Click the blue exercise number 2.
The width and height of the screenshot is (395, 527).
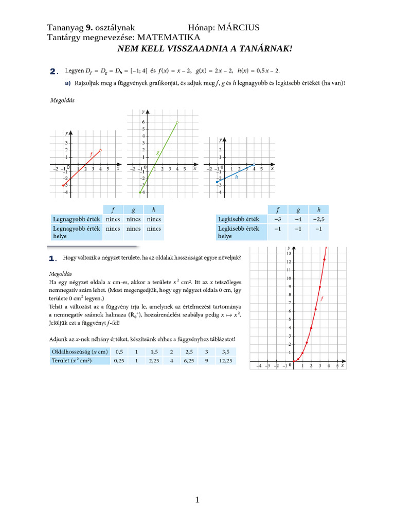pyautogui.click(x=53, y=71)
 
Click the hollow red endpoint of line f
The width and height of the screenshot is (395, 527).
pyautogui.click(x=100, y=150)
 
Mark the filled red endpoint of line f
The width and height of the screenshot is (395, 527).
pyautogui.click(x=63, y=185)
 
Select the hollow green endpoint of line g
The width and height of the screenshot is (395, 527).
pyautogui.click(x=177, y=122)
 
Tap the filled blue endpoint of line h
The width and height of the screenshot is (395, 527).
pyautogui.click(x=217, y=182)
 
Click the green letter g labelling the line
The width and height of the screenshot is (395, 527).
pyautogui.click(x=157, y=152)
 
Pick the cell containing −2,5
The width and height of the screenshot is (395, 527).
pyautogui.click(x=319, y=219)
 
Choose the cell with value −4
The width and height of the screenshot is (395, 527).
pyautogui.click(x=298, y=219)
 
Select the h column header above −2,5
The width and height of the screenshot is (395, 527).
pyautogui.click(x=319, y=209)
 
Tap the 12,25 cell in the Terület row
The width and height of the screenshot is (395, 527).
pyautogui.click(x=225, y=361)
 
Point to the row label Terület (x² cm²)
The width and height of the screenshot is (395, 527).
pyautogui.click(x=71, y=361)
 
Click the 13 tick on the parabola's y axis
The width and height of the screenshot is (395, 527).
pyautogui.click(x=289, y=254)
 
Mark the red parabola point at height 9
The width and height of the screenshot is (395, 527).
pyautogui.click(x=319, y=287)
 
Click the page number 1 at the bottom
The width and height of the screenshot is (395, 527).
pyautogui.click(x=197, y=500)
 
